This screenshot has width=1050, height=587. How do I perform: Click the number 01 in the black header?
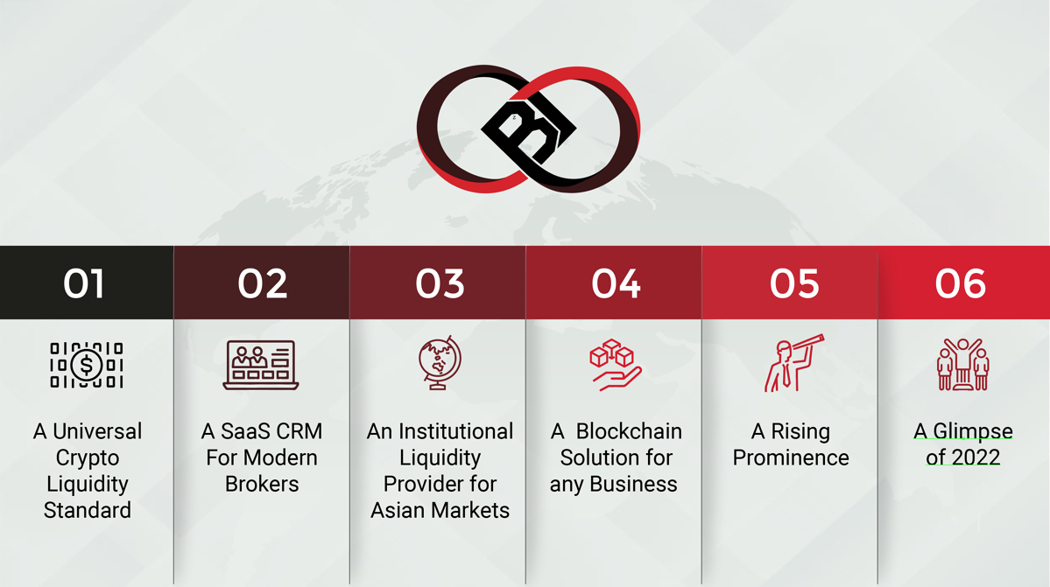point(84,283)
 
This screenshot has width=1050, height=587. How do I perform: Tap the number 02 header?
point(262,283)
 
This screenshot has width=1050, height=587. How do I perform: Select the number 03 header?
point(440,283)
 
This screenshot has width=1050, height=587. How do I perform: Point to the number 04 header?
point(616,283)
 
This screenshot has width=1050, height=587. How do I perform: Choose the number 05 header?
point(793,283)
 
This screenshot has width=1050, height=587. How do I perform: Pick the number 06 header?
point(960,283)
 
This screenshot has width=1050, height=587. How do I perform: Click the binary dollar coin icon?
point(87,365)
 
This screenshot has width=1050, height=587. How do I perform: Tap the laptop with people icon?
point(261,365)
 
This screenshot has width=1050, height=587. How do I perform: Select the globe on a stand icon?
point(439,362)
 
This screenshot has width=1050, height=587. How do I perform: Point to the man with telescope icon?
point(793,362)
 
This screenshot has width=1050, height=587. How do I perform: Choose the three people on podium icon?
point(963,365)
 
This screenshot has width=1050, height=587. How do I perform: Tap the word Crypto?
point(87,458)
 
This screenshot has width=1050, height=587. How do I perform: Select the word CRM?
point(294,431)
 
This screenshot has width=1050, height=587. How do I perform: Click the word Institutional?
point(456,431)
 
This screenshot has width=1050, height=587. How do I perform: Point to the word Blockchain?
point(629,431)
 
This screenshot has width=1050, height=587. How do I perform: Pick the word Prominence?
point(790,458)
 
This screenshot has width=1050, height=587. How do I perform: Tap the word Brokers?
point(262,484)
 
